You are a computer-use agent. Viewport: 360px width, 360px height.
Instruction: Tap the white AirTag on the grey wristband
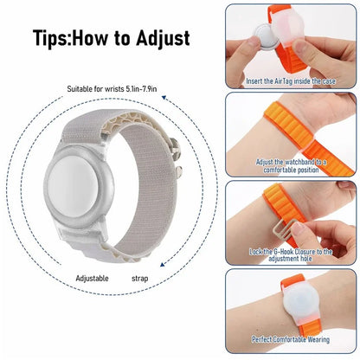point(115,186)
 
